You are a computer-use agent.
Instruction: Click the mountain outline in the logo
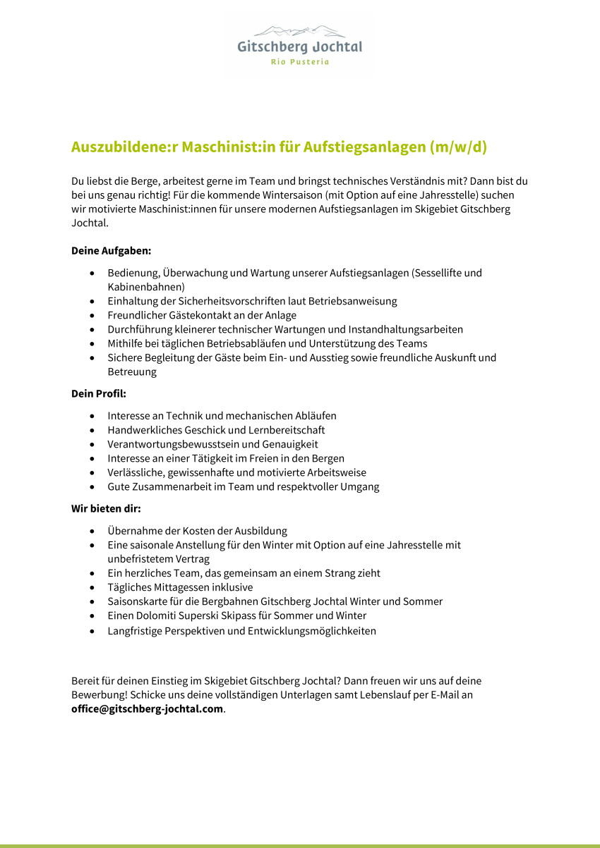click(x=299, y=32)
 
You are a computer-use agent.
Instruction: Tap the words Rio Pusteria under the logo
click(x=300, y=62)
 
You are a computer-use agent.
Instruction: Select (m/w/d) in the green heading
click(x=459, y=147)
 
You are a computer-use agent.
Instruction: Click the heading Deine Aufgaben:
click(x=112, y=250)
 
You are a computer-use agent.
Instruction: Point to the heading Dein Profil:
click(x=99, y=393)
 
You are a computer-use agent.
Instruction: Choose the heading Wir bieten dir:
click(x=106, y=508)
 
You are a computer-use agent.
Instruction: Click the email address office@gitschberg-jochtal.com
click(x=147, y=709)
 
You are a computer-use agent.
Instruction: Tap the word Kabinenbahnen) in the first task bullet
click(x=146, y=287)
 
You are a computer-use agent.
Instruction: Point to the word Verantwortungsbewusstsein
click(x=174, y=444)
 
